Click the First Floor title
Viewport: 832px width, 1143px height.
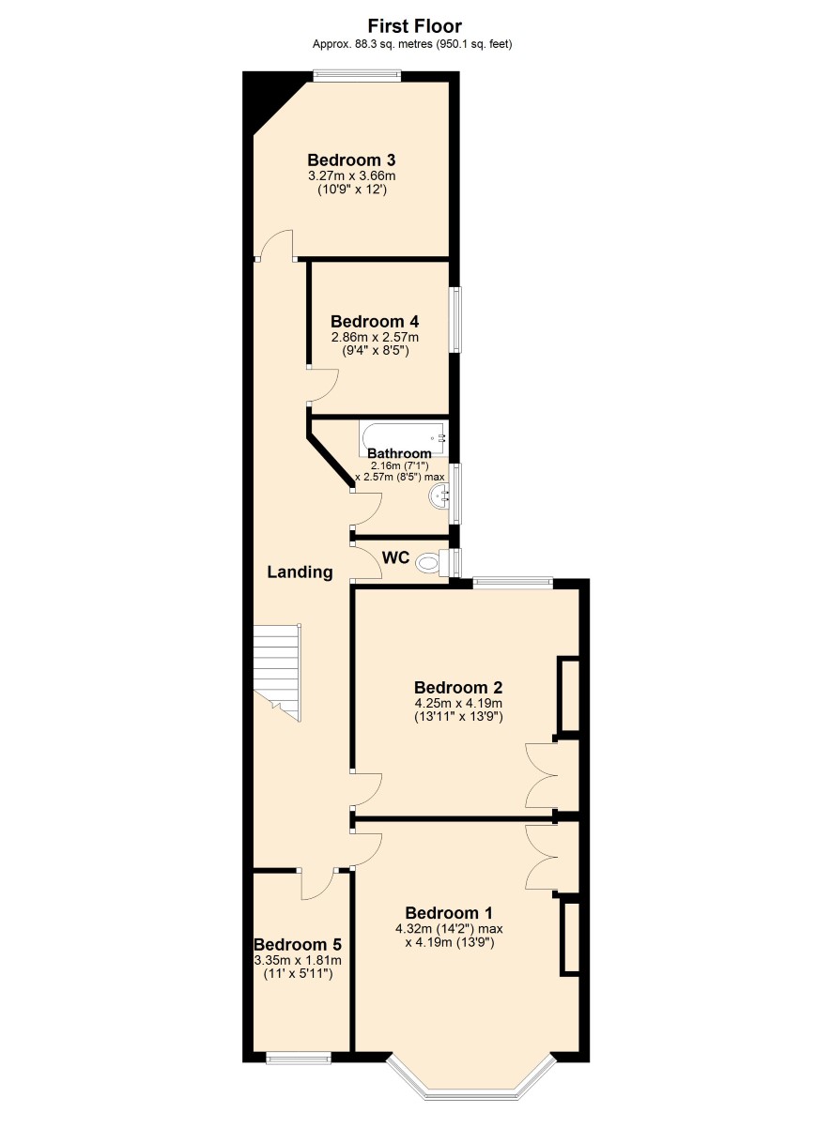pos(415,26)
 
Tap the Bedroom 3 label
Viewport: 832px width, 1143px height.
pos(351,160)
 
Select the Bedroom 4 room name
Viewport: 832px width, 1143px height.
pos(375,322)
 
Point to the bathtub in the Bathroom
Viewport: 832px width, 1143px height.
pos(404,438)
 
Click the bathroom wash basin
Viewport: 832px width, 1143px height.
pos(439,495)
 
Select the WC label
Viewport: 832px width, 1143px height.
pos(396,557)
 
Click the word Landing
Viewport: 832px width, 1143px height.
pos(300,572)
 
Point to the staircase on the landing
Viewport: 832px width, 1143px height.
pos(277,672)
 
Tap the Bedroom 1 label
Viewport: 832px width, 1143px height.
pos(449,912)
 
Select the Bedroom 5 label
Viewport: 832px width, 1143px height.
pos(298,944)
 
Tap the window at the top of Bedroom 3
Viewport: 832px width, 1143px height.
pos(357,76)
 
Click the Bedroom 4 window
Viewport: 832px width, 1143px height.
pos(455,319)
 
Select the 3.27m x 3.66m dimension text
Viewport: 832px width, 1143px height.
pos(351,176)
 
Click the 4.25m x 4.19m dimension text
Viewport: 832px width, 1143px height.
pos(458,703)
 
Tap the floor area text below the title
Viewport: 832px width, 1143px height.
pos(412,44)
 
